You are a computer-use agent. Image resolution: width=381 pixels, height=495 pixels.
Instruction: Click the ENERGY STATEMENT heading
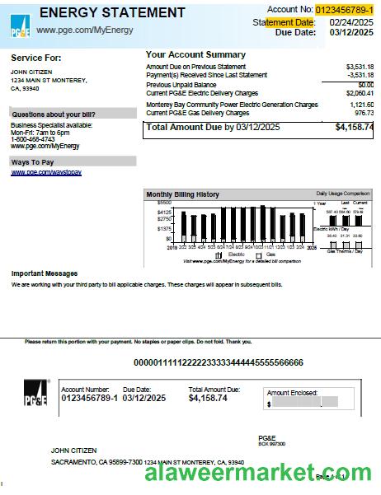(112, 12)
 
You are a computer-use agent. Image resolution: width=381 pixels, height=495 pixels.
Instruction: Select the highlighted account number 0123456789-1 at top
(344, 9)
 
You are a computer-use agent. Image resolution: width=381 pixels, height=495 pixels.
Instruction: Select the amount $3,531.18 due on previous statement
(359, 66)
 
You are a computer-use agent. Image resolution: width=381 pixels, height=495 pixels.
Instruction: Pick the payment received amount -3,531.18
(359, 75)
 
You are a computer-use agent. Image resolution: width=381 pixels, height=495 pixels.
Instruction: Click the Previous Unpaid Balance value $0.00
(365, 84)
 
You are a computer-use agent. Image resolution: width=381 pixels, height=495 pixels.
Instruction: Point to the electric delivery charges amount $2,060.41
(359, 93)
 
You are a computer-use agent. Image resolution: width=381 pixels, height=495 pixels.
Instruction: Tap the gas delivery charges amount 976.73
(364, 112)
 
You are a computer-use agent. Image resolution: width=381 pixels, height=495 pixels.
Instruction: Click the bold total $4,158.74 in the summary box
(354, 128)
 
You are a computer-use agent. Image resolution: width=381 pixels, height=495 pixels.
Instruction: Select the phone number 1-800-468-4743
(34, 139)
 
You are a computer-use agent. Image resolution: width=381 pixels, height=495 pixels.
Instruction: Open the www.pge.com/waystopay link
(46, 172)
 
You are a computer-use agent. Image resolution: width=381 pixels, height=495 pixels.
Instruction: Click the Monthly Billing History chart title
(183, 194)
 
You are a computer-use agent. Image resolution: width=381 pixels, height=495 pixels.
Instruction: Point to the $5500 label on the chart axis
(164, 203)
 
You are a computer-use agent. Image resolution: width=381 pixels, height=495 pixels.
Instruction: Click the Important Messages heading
(45, 273)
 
